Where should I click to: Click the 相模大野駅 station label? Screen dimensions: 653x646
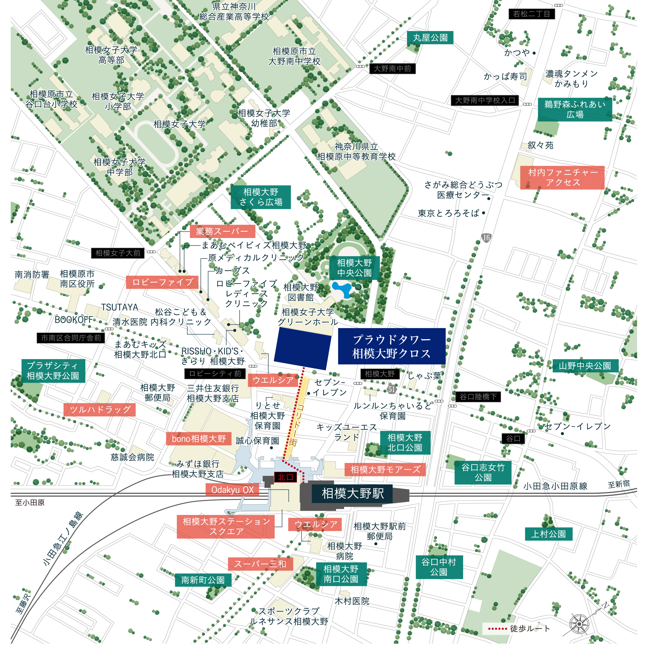coord(352,494)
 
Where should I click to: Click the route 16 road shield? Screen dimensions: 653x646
coord(486,238)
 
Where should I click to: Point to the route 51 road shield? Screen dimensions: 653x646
coord(392,389)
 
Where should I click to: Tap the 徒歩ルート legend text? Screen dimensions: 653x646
coord(530,628)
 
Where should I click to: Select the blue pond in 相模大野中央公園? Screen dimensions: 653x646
coord(342,289)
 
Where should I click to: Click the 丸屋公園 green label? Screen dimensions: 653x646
coord(430,37)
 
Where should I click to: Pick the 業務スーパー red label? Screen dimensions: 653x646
coord(222,232)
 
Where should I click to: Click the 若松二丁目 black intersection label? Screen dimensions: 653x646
coord(531,14)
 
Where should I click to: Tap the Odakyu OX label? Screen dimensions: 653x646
coord(232,490)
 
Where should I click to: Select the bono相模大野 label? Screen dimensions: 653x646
coord(199,439)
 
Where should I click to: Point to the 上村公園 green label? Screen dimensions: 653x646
coord(548,534)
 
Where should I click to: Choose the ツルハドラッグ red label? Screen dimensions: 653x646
coord(99,410)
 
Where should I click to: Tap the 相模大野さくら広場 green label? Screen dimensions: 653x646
coord(261,197)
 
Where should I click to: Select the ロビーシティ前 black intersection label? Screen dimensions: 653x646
coord(215,374)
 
